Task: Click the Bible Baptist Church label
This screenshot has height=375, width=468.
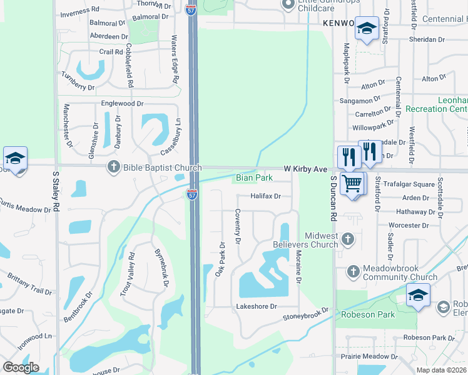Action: coord(162,167)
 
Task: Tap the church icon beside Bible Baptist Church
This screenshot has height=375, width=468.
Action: coord(113,167)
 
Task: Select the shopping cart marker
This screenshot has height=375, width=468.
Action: coord(353,184)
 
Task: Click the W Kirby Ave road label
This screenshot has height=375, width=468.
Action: coord(306,169)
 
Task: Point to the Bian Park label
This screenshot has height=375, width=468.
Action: coord(254,178)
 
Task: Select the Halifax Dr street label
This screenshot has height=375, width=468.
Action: coord(266,196)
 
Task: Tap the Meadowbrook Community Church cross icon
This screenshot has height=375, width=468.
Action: coord(353,271)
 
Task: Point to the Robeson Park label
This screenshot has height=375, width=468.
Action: coord(368,314)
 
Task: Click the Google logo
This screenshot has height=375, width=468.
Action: coord(21,367)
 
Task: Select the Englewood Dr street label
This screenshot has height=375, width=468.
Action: coord(123,104)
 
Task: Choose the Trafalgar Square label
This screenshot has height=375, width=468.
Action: coord(408,184)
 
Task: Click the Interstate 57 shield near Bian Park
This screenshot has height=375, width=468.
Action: coord(192,194)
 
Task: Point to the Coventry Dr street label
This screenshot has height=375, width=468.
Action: coord(238,226)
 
